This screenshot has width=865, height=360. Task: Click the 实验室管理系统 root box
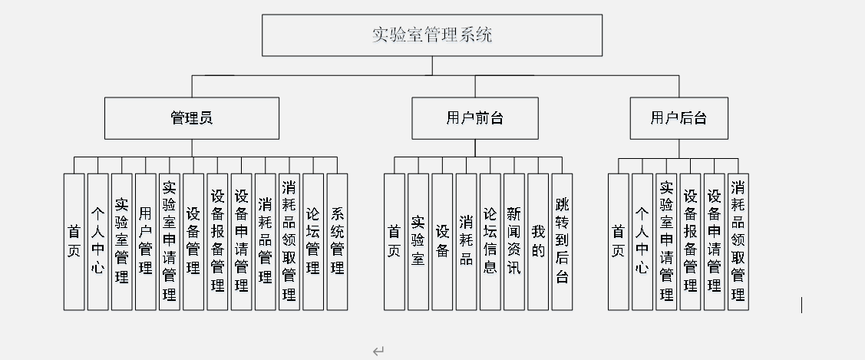click(431, 35)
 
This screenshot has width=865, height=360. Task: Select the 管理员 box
click(191, 118)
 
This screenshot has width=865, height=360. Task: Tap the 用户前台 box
click(474, 118)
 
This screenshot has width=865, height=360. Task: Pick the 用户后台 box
click(678, 118)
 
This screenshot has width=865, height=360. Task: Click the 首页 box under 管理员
click(74, 241)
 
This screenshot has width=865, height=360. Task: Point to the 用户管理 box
click(145, 241)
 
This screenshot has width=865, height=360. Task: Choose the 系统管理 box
click(337, 241)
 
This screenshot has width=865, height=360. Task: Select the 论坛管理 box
click(313, 241)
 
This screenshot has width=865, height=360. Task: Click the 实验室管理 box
click(121, 241)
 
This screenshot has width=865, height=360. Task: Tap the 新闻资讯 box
click(513, 241)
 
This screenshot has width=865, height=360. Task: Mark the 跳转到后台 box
click(562, 241)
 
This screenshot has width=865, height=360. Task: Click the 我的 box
click(538, 241)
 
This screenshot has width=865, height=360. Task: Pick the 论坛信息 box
click(490, 241)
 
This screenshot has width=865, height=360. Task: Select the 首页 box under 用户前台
click(394, 241)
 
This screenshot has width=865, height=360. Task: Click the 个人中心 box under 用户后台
click(642, 241)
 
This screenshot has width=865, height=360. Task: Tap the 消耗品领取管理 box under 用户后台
click(738, 241)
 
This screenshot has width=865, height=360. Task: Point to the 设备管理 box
click(193, 241)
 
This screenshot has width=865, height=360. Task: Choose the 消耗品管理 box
click(265, 241)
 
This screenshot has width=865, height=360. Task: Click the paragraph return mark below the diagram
click(378, 352)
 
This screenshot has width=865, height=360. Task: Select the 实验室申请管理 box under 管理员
click(170, 241)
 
